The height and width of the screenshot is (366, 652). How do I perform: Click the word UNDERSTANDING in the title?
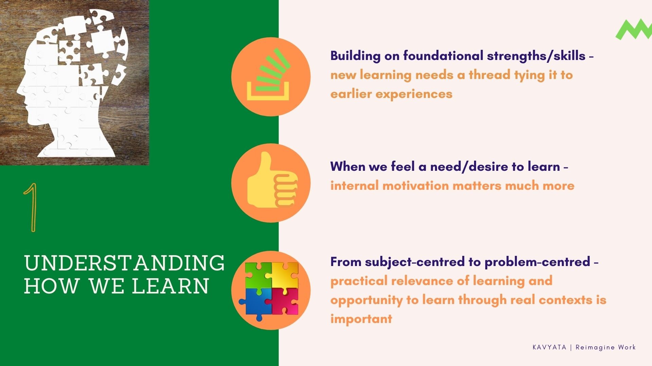[124, 263]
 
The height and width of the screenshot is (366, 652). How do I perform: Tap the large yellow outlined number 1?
[32, 207]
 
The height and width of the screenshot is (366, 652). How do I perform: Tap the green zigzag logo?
[634, 30]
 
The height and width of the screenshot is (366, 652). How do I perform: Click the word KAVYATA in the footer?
[549, 347]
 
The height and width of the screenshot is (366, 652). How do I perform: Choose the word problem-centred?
[537, 262]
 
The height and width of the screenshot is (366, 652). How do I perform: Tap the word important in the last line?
[361, 319]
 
